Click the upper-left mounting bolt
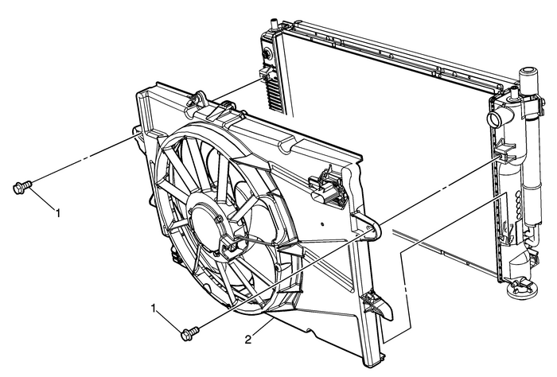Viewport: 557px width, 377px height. [x=21, y=188]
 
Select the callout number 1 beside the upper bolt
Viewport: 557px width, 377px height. [x=57, y=212]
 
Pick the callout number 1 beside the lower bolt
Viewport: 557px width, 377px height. [x=155, y=307]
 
